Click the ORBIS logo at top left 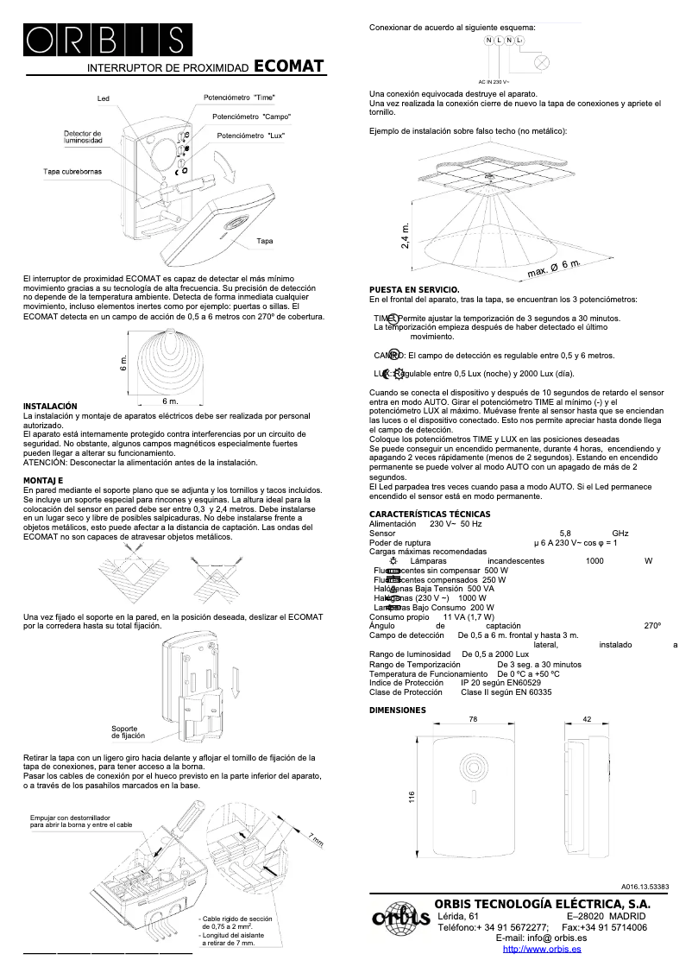(x=104, y=40)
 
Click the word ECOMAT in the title (x=290, y=66)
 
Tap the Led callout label (x=103, y=99)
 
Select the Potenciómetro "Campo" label (x=251, y=117)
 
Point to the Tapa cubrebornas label (x=72, y=172)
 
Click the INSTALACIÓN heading (x=50, y=406)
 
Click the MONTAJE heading (x=43, y=479)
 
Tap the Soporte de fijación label (x=129, y=732)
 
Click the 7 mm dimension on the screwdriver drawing (x=316, y=838)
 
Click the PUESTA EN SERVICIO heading (x=414, y=289)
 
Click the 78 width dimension (x=474, y=718)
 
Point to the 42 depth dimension (x=586, y=718)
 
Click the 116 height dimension (x=412, y=798)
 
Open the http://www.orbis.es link (x=541, y=949)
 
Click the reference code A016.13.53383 (x=645, y=887)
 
